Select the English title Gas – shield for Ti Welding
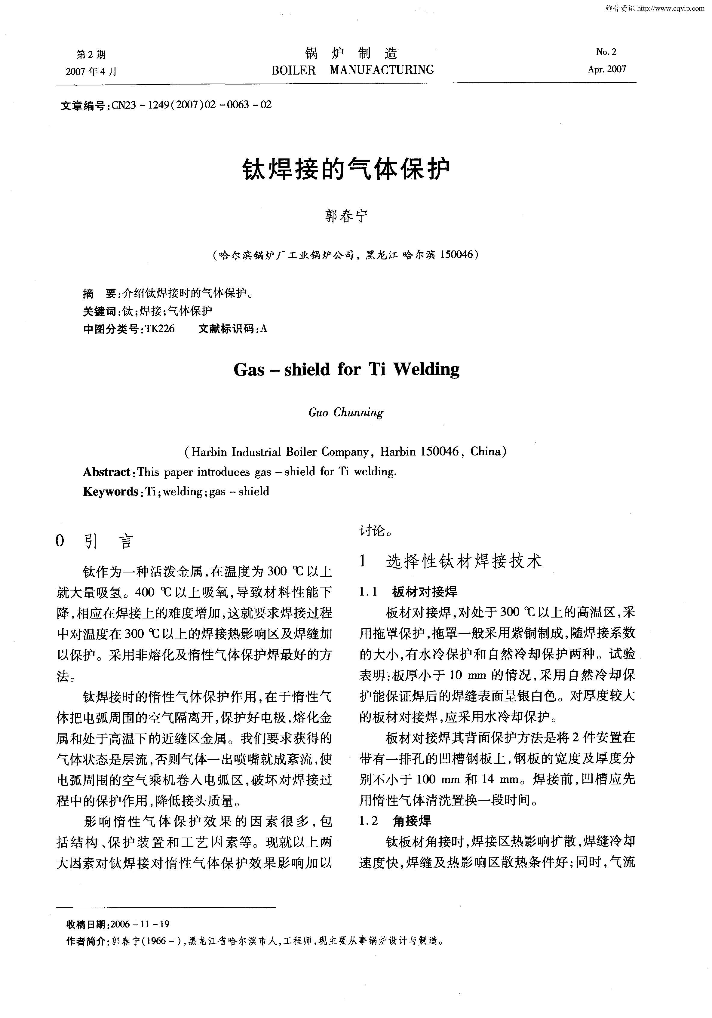pos(346,369)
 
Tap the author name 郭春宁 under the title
pos(346,216)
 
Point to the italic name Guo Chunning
pos(346,412)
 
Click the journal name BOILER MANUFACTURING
pos(352,70)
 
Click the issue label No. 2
pos(606,52)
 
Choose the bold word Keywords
pos(110,491)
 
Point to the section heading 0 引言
pos(94,541)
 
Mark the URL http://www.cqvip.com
pos(670,8)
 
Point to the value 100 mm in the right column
pos(438,779)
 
